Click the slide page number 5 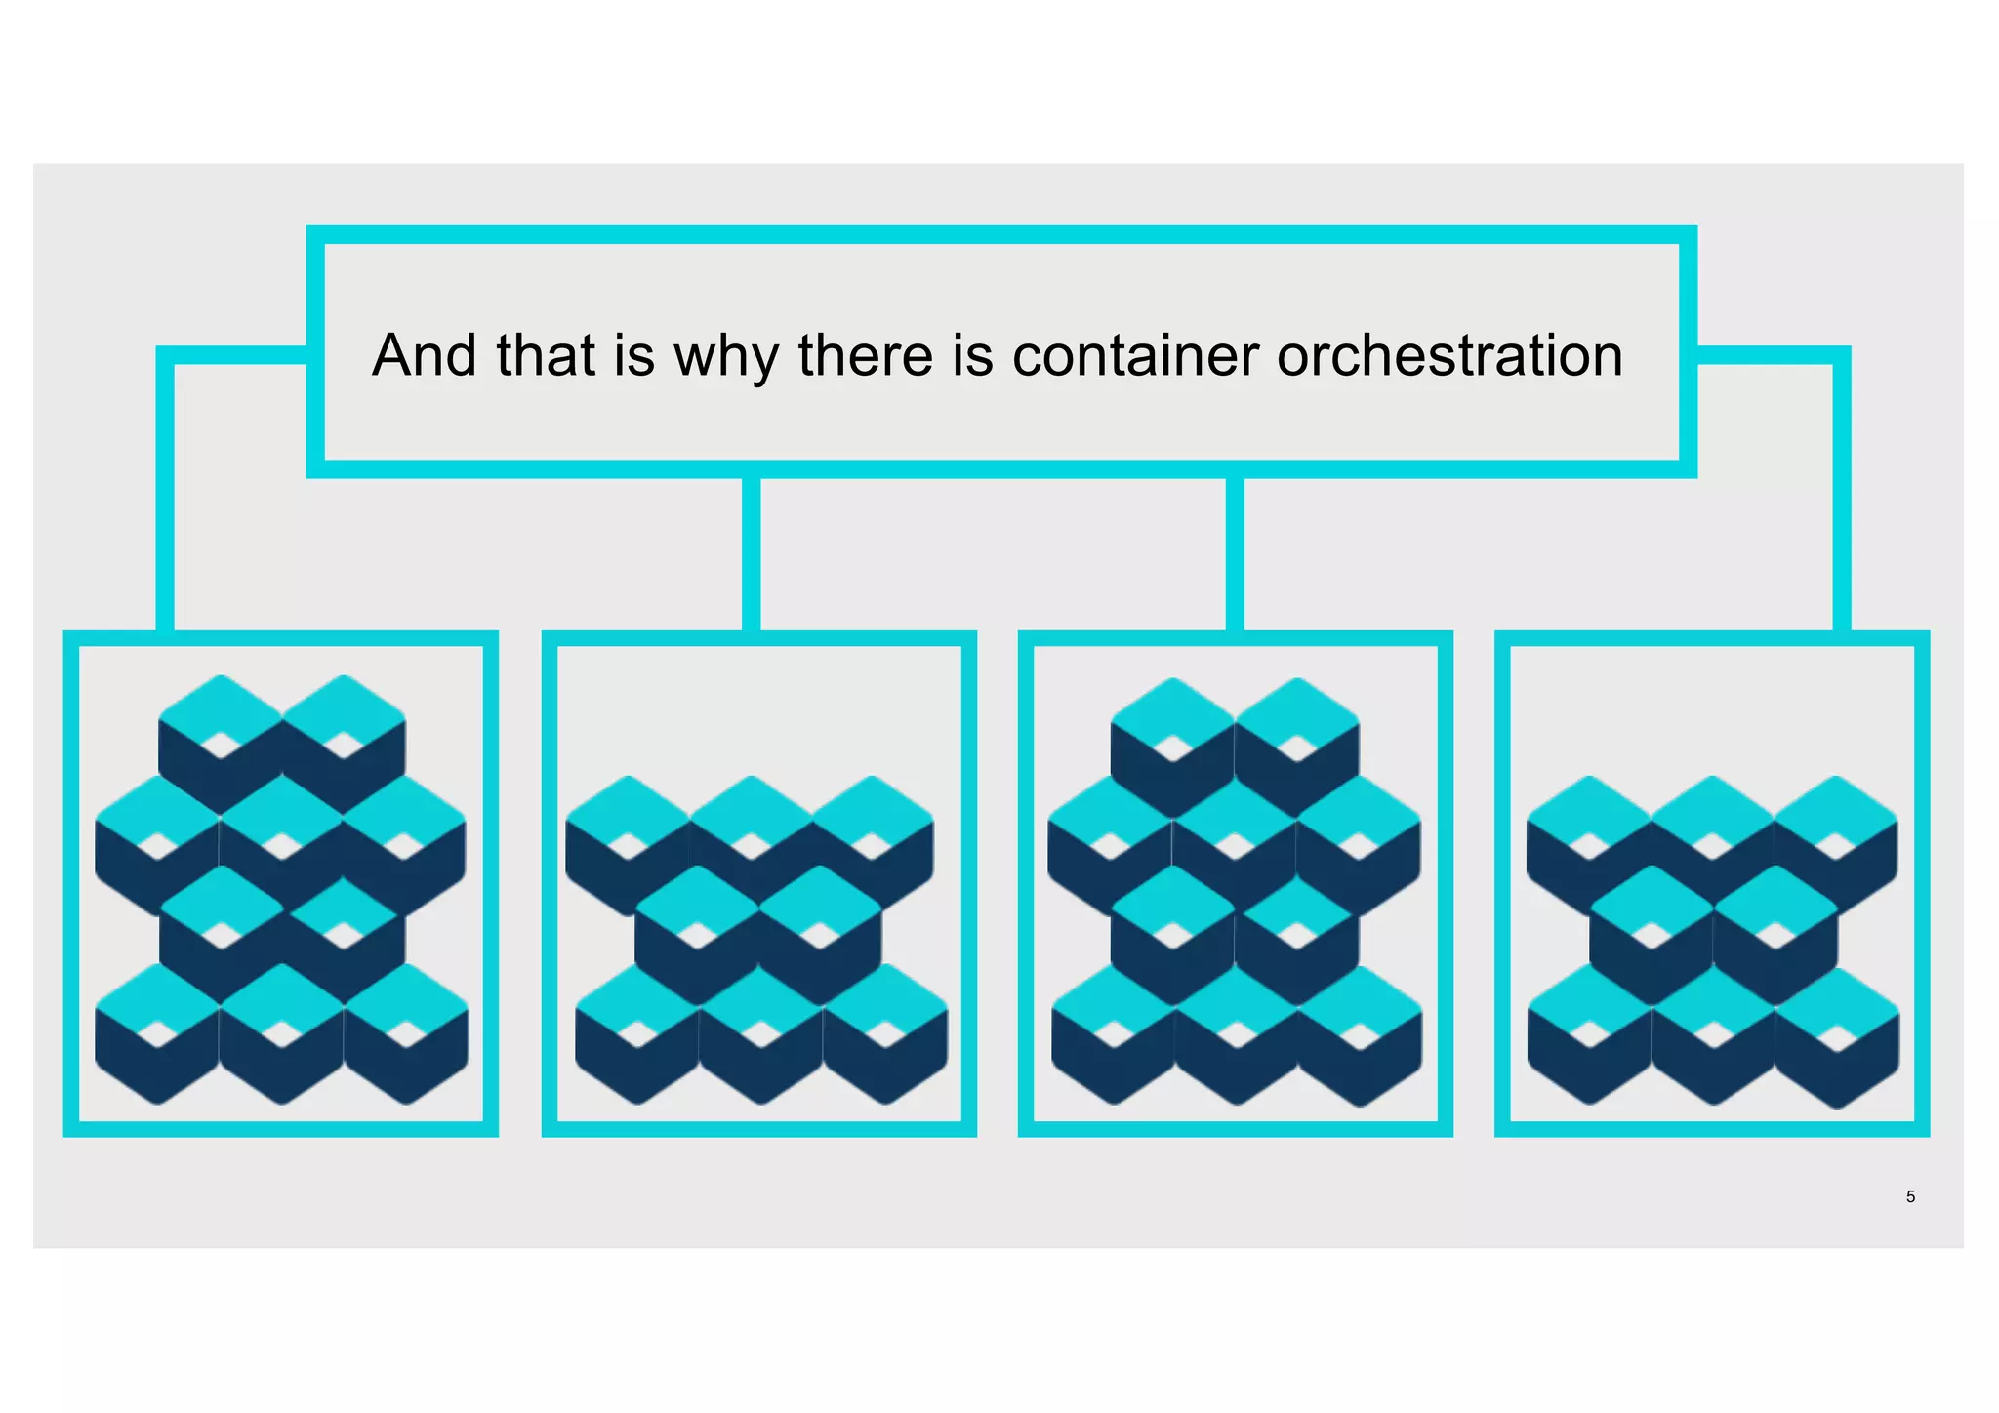point(1910,1196)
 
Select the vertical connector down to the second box point(751,554)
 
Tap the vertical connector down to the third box point(1235,554)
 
